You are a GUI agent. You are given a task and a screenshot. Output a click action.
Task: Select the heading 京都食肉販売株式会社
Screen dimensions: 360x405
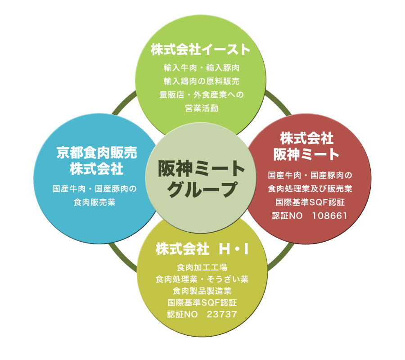pyautogui.click(x=97, y=161)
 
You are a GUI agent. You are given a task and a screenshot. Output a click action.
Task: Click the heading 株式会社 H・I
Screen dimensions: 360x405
pyautogui.click(x=202, y=249)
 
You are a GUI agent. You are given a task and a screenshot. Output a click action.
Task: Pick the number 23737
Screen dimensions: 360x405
pyautogui.click(x=222, y=314)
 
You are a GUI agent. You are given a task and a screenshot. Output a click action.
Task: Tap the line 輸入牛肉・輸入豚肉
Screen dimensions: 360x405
pyautogui.click(x=201, y=68)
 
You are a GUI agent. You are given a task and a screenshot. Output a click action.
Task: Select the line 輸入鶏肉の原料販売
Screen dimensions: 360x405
pyautogui.click(x=201, y=81)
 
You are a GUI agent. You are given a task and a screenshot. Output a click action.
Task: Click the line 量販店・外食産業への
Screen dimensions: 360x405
pyautogui.click(x=201, y=95)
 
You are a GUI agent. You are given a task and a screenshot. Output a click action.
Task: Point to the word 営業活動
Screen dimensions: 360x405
pyautogui.click(x=201, y=108)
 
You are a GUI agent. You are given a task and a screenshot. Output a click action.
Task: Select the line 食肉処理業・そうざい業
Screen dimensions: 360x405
pyautogui.click(x=202, y=279)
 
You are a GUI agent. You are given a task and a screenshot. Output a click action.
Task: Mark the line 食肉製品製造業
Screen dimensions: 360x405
pyautogui.click(x=202, y=291)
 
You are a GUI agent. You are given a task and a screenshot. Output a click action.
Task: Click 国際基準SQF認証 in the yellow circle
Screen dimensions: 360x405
pyautogui.click(x=202, y=302)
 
